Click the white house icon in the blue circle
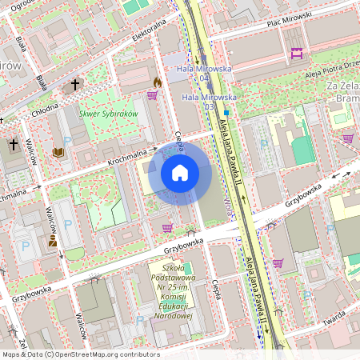tap(180, 173)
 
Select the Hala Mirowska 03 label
tap(202, 102)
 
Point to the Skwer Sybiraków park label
tap(110, 114)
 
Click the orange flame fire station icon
tap(158, 82)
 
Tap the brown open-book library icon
tap(58, 152)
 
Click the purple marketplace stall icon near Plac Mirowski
tap(297, 53)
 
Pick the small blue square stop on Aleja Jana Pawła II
tap(226, 113)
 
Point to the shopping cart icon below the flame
tap(152, 95)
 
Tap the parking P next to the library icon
tap(67, 141)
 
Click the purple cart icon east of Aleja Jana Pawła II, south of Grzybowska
tap(277, 262)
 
